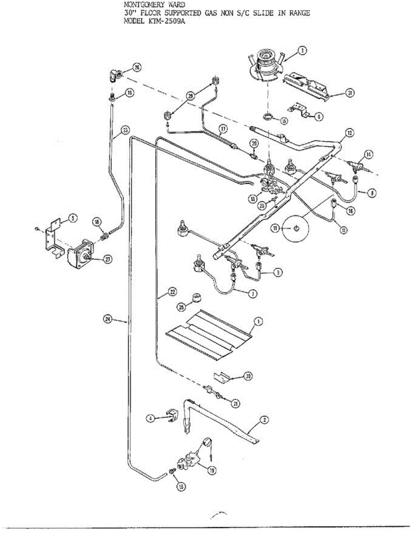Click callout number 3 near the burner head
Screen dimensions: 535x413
(302, 51)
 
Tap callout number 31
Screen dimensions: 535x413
(350, 93)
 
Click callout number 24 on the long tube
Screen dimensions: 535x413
(107, 319)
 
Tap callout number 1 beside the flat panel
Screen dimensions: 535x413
(258, 321)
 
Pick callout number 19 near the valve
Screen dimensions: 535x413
(212, 469)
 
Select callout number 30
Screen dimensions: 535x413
(248, 377)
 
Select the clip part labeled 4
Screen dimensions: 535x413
(171, 416)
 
